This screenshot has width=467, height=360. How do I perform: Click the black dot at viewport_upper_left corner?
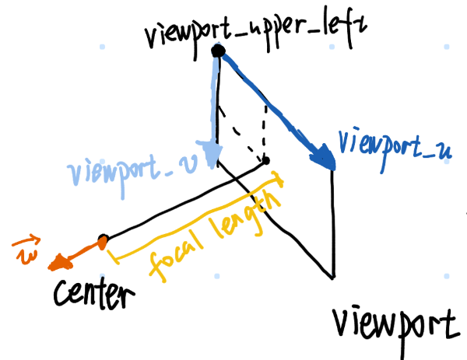point(219,52)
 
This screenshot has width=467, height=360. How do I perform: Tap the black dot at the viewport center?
point(265,161)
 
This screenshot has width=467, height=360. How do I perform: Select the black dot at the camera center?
point(102,239)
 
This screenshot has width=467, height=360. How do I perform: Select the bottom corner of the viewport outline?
point(334,277)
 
